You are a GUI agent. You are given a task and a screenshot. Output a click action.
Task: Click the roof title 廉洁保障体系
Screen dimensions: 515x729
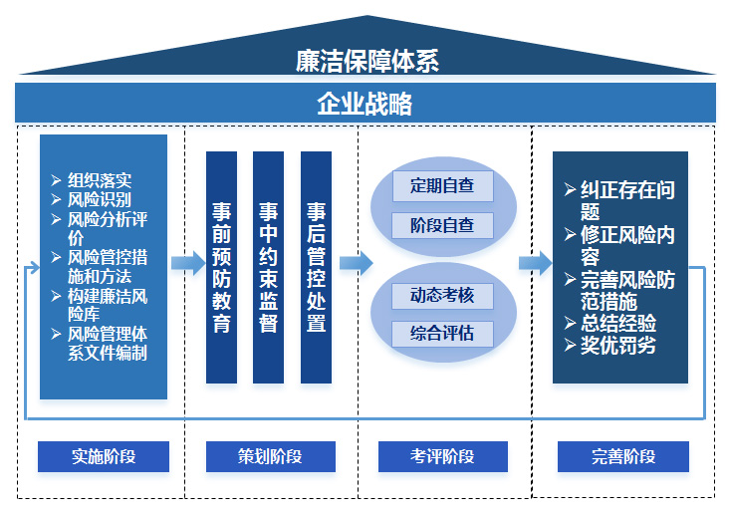point(366,60)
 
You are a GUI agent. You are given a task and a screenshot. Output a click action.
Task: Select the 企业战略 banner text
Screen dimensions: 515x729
point(364,104)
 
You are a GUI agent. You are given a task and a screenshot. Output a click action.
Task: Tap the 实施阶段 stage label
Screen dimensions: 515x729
point(104,456)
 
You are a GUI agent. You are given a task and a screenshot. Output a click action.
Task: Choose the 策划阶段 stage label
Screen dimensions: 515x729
point(269,456)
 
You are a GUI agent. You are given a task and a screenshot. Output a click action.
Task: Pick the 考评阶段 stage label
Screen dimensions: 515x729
point(442,456)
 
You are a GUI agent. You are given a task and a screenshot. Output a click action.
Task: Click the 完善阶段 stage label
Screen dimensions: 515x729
point(623,456)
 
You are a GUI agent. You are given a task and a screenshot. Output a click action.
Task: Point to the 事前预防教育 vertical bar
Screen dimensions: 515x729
point(221,267)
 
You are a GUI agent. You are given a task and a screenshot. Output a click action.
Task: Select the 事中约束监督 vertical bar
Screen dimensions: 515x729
point(269,267)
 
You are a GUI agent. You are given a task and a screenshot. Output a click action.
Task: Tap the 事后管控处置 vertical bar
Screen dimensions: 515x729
point(316,267)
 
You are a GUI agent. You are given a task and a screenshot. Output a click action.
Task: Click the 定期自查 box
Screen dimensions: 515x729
point(442,185)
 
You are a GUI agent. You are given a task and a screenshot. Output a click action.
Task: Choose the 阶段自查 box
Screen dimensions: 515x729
point(442,225)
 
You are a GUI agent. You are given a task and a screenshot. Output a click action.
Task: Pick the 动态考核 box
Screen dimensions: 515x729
point(442,295)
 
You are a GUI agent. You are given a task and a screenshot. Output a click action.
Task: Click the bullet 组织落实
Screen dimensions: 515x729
point(100,180)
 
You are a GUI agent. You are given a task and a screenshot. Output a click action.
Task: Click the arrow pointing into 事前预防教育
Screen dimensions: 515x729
point(186,263)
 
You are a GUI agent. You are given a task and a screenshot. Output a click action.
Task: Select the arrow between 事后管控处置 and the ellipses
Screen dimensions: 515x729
point(355,263)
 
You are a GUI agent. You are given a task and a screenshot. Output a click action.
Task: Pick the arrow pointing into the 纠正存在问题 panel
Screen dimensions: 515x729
point(534,263)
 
